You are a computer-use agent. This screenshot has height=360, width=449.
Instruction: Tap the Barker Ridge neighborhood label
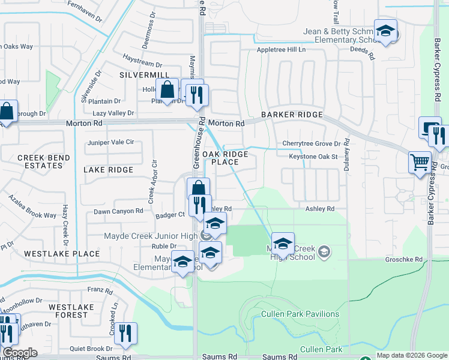pos(292,115)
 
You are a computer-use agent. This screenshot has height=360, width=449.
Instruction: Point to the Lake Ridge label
pos(108,170)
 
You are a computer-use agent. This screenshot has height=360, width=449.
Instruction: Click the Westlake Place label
pos(62,254)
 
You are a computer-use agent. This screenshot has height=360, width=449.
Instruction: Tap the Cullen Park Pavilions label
pos(300,314)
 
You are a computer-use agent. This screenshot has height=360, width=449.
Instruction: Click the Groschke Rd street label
pos(406,259)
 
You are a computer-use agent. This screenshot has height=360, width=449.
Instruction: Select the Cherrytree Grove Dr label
pos(312,144)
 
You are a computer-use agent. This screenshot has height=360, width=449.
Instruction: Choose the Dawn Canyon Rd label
pos(118,211)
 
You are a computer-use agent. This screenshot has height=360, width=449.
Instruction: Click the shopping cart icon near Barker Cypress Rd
pos(420,162)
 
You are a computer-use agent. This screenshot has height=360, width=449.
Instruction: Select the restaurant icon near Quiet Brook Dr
pos(125,333)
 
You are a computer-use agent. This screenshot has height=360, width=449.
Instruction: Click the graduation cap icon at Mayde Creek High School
pos(283,244)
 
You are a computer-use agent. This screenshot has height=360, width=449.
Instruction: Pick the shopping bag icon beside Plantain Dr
pos(168,90)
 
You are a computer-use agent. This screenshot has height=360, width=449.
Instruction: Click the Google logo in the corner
pos(20,353)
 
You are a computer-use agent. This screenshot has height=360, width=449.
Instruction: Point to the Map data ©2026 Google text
pos(412,355)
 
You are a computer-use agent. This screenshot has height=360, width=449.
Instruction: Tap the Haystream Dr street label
pos(142,64)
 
